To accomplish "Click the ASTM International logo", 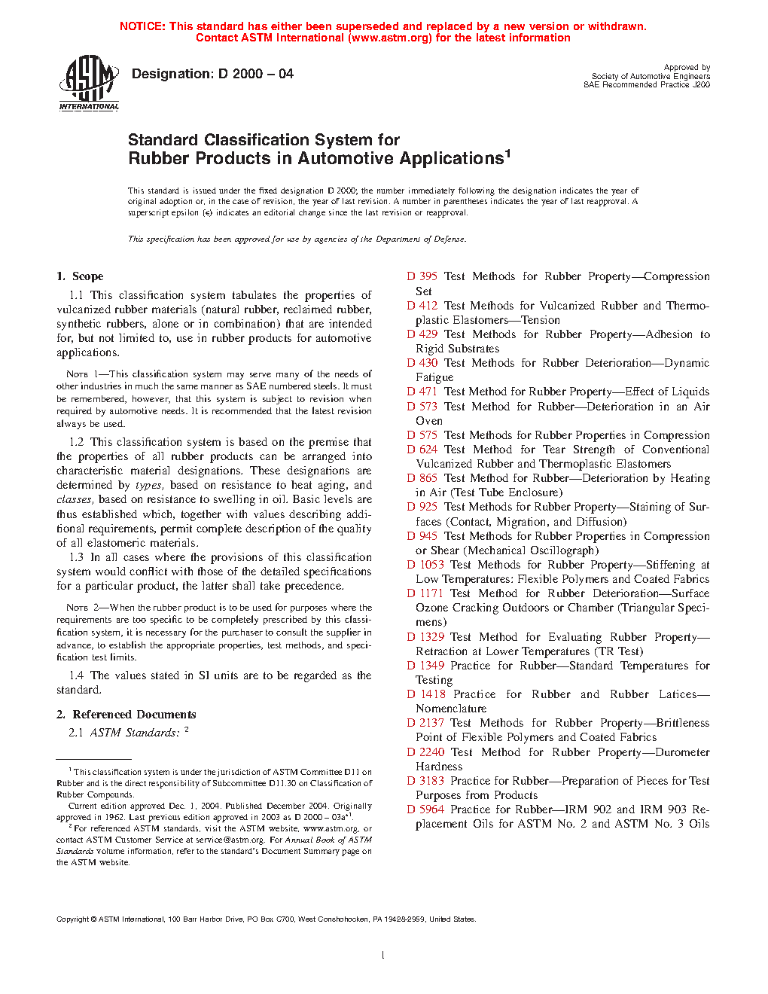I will click(88, 84).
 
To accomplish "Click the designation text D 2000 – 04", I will click(212, 74).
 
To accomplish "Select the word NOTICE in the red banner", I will click(142, 26).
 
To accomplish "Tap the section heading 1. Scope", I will click(80, 276).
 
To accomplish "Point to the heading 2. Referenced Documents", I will click(126, 715).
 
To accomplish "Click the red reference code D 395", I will click(422, 276).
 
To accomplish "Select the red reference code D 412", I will click(422, 306).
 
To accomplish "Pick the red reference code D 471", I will click(422, 392).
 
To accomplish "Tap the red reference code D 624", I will click(422, 450).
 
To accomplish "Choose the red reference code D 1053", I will click(425, 565).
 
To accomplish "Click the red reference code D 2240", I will click(425, 752).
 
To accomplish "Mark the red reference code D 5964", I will click(425, 810).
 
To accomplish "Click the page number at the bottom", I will click(383, 956).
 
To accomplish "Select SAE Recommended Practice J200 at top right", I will click(646, 85).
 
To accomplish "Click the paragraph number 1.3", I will click(76, 557).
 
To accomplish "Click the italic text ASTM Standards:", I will click(135, 733).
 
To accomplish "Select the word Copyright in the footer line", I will click(73, 919).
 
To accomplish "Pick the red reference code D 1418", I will click(425, 694).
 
